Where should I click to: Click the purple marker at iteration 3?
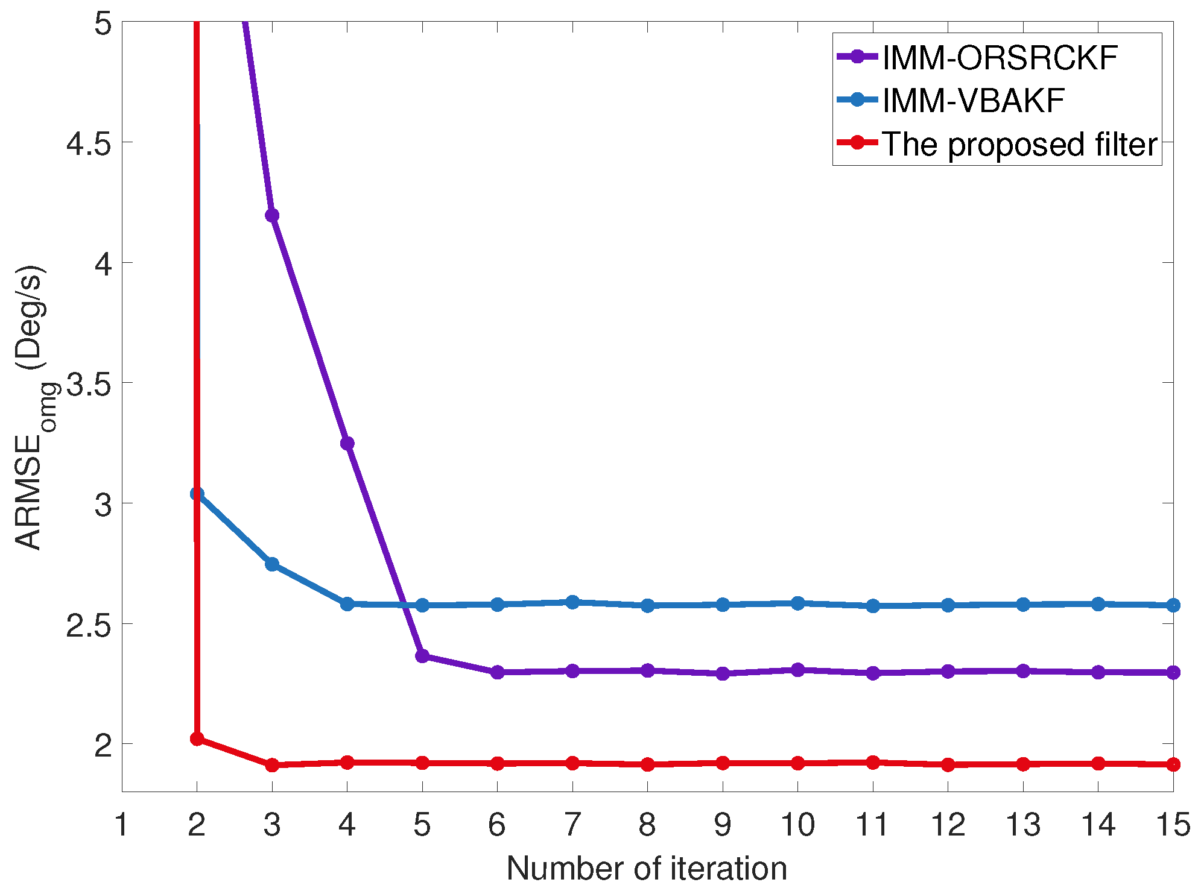click(272, 216)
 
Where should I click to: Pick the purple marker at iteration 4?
click(347, 444)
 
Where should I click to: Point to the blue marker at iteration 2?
click(197, 494)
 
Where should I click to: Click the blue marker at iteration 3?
click(272, 564)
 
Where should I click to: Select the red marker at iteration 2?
click(197, 739)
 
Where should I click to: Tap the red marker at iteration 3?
click(272, 765)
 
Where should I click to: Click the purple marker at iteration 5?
click(422, 656)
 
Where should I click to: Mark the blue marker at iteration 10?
click(797, 603)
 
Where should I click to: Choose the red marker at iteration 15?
click(1173, 764)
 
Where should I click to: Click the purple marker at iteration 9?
click(723, 673)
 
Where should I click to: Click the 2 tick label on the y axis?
click(103, 746)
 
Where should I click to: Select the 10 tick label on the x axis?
click(797, 825)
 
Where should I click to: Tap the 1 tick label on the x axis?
click(122, 825)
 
